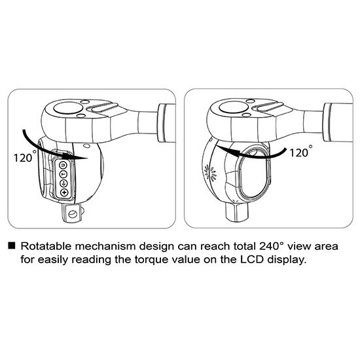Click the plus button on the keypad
coord(64,192)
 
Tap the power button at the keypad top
coord(63,165)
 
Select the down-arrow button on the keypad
coord(63,183)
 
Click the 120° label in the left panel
coord(25,156)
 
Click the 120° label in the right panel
coord(301,151)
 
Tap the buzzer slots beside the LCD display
coord(210,171)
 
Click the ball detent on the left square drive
coord(73,214)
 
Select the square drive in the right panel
coord(237,211)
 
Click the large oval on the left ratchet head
coord(67,108)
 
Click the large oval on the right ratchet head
coord(234,107)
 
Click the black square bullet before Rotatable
coord(12,245)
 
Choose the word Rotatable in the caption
coord(46,246)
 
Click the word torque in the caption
coord(151,261)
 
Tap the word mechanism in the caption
coord(105,246)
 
